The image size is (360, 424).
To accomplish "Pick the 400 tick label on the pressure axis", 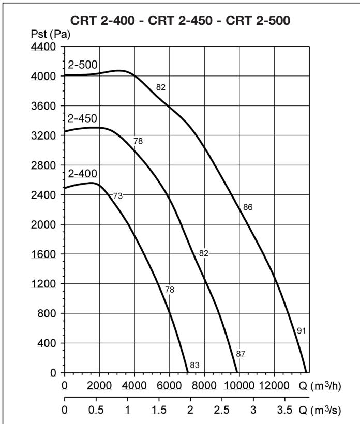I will pos(50,343).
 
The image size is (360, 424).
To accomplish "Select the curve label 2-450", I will pos(83,118).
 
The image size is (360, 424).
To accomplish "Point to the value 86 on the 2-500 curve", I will pos(248,207).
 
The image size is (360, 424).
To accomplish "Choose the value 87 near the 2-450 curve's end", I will pos(240,354).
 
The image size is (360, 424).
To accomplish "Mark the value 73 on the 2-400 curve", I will pos(117,195).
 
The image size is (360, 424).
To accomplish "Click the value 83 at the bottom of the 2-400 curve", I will pos(194,365).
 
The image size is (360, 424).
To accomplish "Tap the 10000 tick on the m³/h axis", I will pos(239,385).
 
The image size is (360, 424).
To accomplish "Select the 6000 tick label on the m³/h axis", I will pos(169,385).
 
